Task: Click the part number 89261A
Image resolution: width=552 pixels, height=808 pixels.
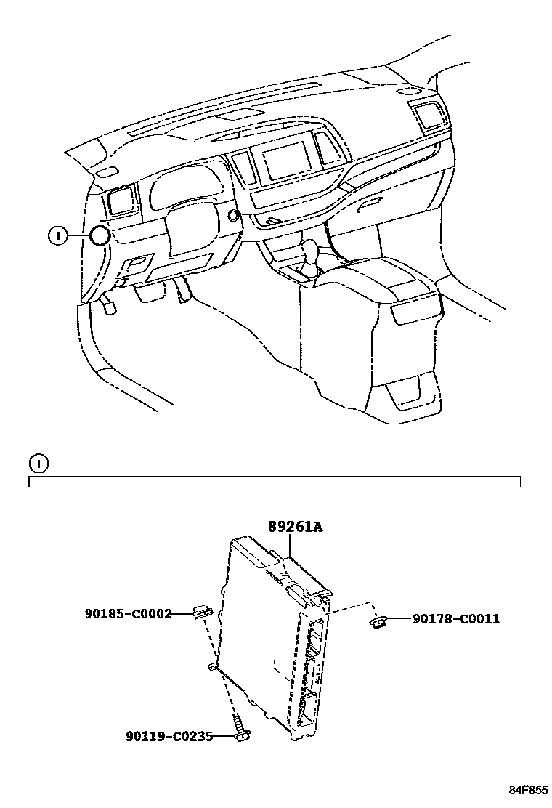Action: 294,528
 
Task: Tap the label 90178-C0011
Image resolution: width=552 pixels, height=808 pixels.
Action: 456,619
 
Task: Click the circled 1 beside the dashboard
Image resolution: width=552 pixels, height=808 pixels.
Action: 57,235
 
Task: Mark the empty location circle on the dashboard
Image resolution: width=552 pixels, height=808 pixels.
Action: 98,235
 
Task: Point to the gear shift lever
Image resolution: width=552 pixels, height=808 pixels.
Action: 313,258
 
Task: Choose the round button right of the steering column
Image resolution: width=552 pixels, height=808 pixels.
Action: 232,215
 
